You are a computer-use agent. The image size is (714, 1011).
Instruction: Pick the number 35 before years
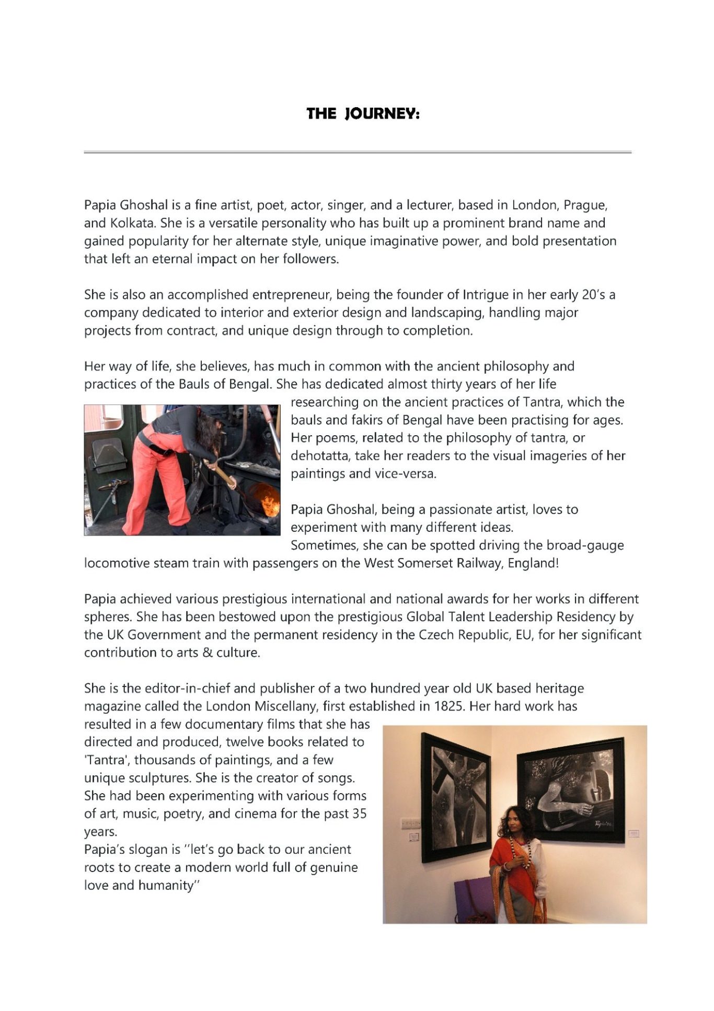(359, 814)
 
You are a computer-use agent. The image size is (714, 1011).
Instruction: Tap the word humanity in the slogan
(168, 885)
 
